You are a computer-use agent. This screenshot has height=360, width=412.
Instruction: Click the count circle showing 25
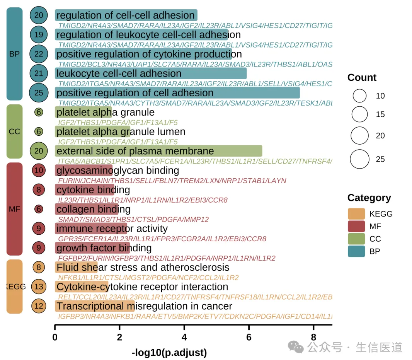pos(39,93)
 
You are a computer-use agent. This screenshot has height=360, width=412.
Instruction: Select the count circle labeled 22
pos(39,54)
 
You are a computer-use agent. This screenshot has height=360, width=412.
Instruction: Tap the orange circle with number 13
pos(39,287)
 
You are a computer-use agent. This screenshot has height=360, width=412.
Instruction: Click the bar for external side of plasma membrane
pos(158,151)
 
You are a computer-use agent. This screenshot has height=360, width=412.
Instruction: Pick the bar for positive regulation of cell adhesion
pos(177,93)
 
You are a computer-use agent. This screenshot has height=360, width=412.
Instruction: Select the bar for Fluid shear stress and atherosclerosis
pos(76,267)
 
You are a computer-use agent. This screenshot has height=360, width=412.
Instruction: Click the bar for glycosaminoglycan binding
pos(84,170)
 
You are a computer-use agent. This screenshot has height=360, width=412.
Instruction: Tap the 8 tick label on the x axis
pos(313,337)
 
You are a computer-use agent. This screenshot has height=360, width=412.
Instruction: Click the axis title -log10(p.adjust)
pos(169,353)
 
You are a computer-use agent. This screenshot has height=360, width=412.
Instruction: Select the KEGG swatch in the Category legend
pos(356,214)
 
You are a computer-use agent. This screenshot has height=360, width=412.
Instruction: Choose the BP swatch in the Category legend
pos(356,251)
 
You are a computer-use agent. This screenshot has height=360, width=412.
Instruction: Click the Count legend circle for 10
pos(359,96)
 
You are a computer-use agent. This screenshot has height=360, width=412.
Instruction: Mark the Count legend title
pos(362,78)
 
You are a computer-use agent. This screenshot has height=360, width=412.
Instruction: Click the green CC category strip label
pos(14,131)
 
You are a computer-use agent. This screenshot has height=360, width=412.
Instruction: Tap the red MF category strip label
pos(14,209)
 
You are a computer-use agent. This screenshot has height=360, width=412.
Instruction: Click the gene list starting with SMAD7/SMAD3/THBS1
pos(133,220)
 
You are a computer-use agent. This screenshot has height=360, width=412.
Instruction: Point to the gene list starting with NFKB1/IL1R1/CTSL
pos(148,278)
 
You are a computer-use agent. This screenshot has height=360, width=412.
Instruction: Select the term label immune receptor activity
pos(112,229)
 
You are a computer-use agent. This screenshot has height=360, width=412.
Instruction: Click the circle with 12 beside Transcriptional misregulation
pos(39,306)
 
